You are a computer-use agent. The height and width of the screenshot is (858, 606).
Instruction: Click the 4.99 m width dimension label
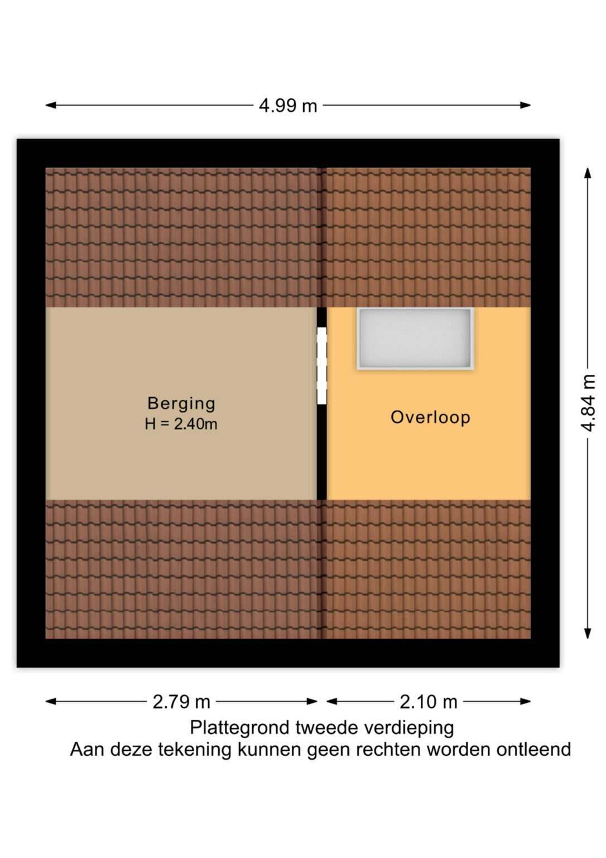(288, 106)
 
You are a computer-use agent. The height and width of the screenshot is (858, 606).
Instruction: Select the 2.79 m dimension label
(181, 702)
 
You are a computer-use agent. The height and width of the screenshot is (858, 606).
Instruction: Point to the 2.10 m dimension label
(429, 702)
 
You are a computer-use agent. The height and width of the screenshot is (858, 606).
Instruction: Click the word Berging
(181, 404)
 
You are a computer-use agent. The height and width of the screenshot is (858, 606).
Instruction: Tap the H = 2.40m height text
(181, 424)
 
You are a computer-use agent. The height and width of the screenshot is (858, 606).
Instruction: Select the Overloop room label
(430, 417)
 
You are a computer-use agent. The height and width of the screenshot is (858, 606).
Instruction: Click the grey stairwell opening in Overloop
(416, 339)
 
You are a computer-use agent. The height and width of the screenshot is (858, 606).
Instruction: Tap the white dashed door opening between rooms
(322, 366)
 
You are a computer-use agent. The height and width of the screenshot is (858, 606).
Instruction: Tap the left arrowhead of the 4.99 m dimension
(51, 106)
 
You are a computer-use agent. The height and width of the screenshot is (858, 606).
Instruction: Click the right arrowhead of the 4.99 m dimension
(525, 106)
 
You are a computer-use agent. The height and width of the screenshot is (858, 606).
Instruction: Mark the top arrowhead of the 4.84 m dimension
(588, 173)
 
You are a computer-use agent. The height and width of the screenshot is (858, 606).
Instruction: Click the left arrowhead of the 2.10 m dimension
(332, 702)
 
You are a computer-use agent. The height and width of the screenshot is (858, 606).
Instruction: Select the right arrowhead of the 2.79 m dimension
(312, 702)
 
